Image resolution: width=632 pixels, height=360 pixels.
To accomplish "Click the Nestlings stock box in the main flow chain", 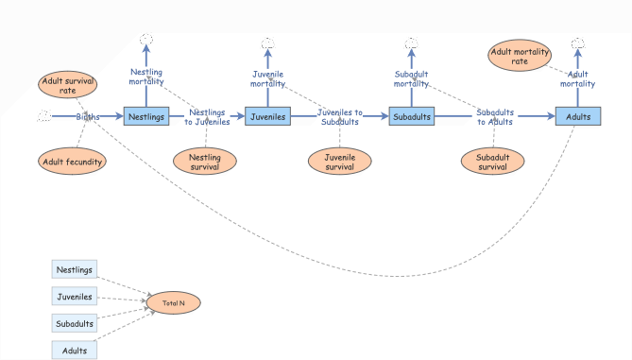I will (146, 117).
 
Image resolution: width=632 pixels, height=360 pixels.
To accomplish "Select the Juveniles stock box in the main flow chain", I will (267, 117).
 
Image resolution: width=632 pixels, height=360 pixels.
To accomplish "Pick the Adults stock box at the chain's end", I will (578, 117).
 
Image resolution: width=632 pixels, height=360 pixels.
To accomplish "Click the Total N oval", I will (173, 303).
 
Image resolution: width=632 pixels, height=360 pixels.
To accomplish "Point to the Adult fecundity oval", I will (72, 162).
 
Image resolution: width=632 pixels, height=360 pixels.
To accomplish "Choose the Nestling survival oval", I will (205, 162).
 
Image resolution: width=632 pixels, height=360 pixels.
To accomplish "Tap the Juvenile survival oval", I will (339, 162).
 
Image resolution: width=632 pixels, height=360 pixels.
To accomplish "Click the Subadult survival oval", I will (492, 162).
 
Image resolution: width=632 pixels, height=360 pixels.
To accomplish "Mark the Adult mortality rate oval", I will (520, 56).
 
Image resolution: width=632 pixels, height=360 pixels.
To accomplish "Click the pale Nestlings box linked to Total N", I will (75, 270).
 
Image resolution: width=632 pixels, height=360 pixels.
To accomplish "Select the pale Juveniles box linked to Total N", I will (75, 297).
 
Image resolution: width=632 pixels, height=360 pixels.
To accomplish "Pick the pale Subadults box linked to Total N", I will (75, 324).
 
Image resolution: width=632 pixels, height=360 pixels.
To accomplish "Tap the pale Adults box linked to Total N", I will (75, 351).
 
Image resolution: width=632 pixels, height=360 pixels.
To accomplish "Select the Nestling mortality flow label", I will (146, 76).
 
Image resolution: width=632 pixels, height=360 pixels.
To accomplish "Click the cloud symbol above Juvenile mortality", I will (267, 43).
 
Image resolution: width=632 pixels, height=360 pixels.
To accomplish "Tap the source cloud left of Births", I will (43, 116).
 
